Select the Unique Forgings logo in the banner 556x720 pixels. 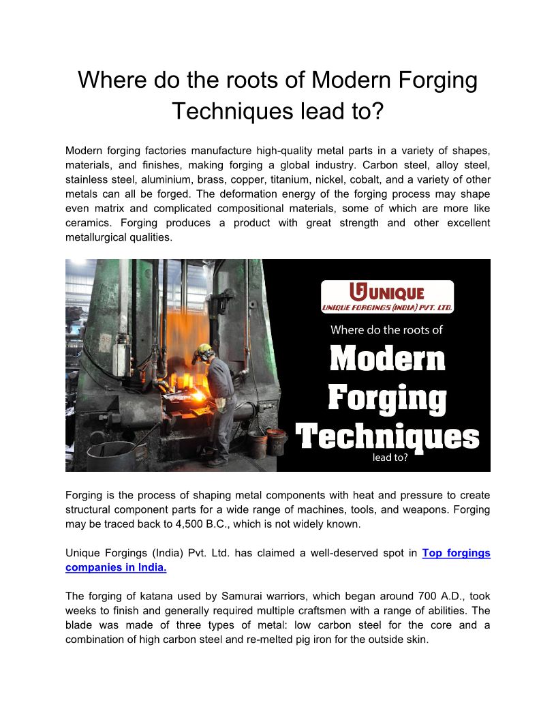(x=387, y=297)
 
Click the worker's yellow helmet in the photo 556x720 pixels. (x=202, y=351)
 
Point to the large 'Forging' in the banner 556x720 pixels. (x=387, y=399)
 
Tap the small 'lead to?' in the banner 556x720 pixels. (x=390, y=457)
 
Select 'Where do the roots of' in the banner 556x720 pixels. (x=386, y=330)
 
